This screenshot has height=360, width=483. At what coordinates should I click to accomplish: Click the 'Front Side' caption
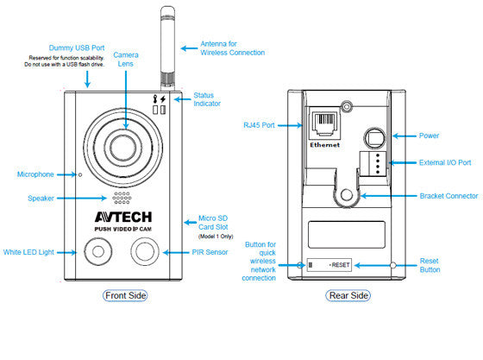tap(125, 296)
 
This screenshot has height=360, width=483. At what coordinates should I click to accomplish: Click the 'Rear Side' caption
tap(348, 296)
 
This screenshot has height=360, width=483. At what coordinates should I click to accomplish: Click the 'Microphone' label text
tap(35, 174)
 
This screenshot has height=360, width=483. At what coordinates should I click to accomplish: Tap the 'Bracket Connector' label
tap(448, 196)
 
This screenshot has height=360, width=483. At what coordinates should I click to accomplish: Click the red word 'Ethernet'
tap(324, 145)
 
